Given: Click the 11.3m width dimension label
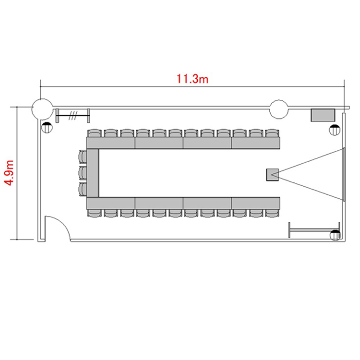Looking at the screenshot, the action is [192, 79].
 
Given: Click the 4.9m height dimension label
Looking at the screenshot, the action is [10, 173].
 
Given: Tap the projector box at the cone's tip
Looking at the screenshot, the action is [273, 175].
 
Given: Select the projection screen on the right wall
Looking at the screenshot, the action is [344, 175].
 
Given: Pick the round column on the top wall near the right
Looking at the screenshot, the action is [279, 109].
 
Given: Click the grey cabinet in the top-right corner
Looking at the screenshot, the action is [323, 115].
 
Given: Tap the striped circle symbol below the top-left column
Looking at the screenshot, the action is [47, 127].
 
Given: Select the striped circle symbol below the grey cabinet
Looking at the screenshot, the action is [335, 130].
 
